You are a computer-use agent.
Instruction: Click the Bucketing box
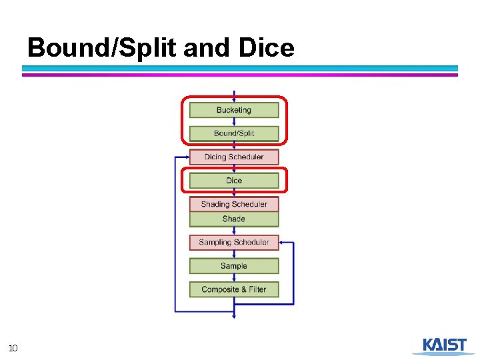(x=234, y=110)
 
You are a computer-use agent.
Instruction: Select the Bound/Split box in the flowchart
(x=234, y=133)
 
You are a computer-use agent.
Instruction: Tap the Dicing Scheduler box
(x=234, y=157)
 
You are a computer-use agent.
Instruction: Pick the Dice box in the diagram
(x=234, y=181)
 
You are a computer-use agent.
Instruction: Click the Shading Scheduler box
(x=234, y=204)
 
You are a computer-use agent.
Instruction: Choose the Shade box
(x=234, y=219)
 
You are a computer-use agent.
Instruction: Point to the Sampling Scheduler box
(x=234, y=242)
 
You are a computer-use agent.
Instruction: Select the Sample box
(x=234, y=266)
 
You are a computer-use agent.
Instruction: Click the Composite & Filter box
(x=234, y=289)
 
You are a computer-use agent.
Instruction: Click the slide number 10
(x=13, y=347)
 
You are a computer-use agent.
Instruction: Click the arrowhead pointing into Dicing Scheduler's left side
(x=186, y=157)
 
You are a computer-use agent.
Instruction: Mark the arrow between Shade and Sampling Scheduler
(x=234, y=231)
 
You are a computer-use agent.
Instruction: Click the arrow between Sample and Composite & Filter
(x=234, y=277)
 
